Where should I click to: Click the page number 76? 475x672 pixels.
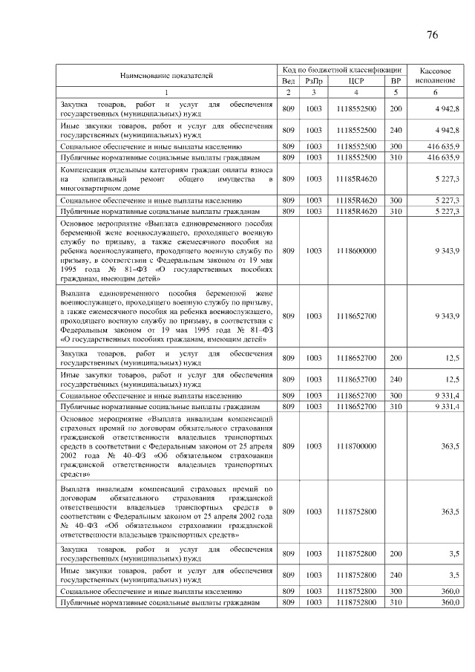[x=433, y=35]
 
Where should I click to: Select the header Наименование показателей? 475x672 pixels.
[x=166, y=75]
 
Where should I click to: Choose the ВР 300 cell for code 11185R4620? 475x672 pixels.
[x=396, y=200]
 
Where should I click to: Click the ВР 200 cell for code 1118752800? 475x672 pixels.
[x=396, y=553]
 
